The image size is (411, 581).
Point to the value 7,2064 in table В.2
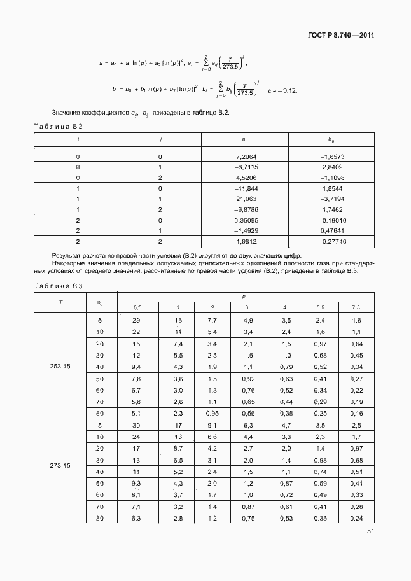[245, 157]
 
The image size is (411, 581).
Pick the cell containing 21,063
[245, 199]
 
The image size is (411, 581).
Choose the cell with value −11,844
[245, 188]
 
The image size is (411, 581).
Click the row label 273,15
[60, 466]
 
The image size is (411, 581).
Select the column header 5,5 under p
[321, 307]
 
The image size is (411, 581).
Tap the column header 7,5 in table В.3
[356, 307]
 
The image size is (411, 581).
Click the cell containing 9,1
[213, 425]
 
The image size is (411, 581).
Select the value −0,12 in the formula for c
[288, 90]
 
